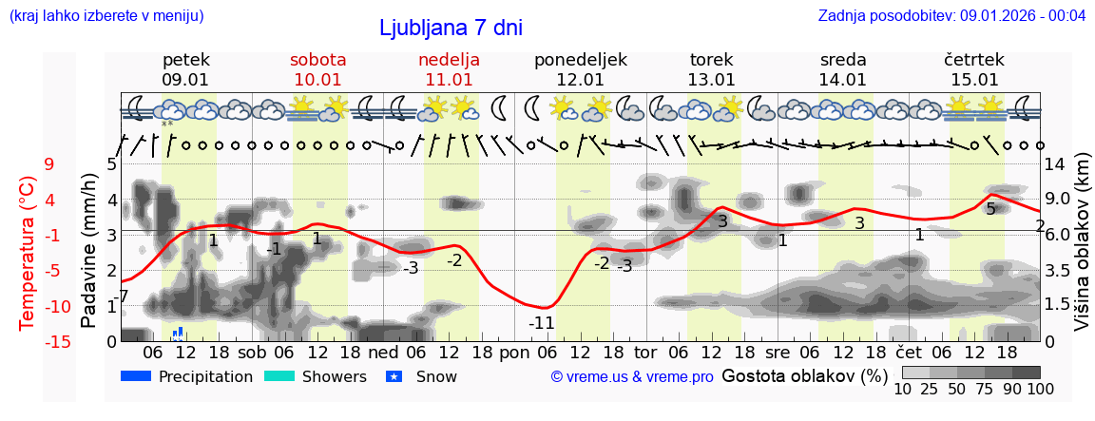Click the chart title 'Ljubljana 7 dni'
pos(451,28)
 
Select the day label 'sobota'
pos(317,60)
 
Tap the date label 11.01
pos(449,80)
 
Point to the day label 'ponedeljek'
pos(580,60)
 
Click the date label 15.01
pos(973,80)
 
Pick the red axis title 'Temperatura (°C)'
pos(28,252)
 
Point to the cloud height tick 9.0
pos(1058,200)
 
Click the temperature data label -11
pos(541,322)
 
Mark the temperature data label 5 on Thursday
pos(990,209)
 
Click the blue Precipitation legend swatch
pos(137,376)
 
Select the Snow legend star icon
pos(394,376)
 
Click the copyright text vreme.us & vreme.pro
pos(632,376)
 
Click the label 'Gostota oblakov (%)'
pos(804,375)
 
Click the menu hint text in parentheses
pos(106,15)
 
